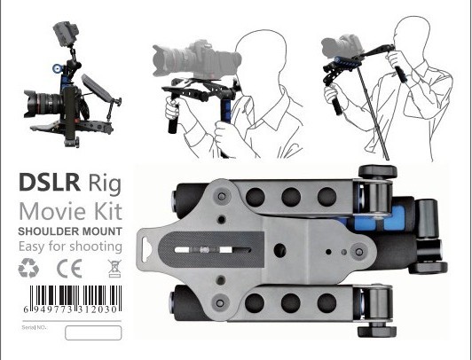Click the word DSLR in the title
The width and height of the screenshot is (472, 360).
point(48,184)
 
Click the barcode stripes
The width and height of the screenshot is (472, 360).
point(70,294)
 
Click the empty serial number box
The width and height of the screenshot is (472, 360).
point(92,333)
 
